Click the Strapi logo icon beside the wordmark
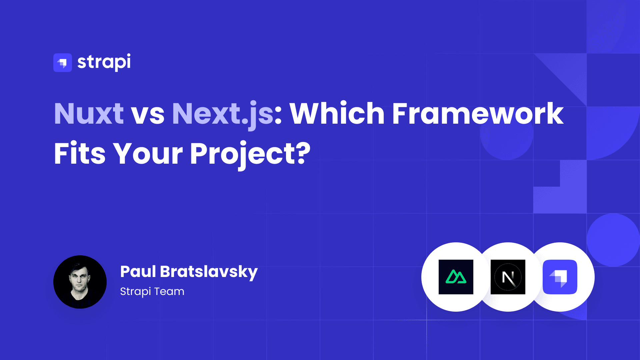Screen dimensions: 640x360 pyautogui.click(x=63, y=63)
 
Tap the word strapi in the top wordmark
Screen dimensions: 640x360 pyautogui.click(x=104, y=62)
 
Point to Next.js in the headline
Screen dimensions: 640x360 pyautogui.click(x=223, y=115)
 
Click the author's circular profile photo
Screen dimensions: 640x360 pyautogui.click(x=80, y=282)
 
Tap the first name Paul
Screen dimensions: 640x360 pyautogui.click(x=138, y=271)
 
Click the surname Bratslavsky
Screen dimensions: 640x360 pyautogui.click(x=209, y=272)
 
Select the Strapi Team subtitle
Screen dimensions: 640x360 pyautogui.click(x=152, y=292)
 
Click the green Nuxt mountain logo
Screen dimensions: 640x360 pyautogui.click(x=456, y=277)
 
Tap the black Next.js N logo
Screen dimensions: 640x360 pyautogui.click(x=508, y=277)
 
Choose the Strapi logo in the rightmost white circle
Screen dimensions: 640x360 pyautogui.click(x=560, y=277)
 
